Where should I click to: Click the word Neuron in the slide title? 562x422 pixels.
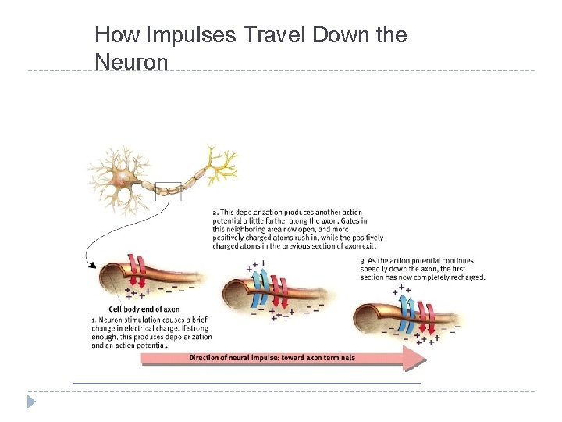coord(131,61)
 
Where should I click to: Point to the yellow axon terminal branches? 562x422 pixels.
coord(219,163)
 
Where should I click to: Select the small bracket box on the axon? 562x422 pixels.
coord(168,191)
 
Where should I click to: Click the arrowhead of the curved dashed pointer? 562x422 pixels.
coord(93,265)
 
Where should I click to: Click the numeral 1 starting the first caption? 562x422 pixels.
coord(94,320)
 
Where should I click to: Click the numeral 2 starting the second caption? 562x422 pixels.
coord(215,213)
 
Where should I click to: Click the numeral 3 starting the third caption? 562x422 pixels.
coord(362,260)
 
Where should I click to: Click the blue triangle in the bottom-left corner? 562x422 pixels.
coord(31,402)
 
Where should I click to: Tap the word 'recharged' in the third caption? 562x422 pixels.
coord(466,277)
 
